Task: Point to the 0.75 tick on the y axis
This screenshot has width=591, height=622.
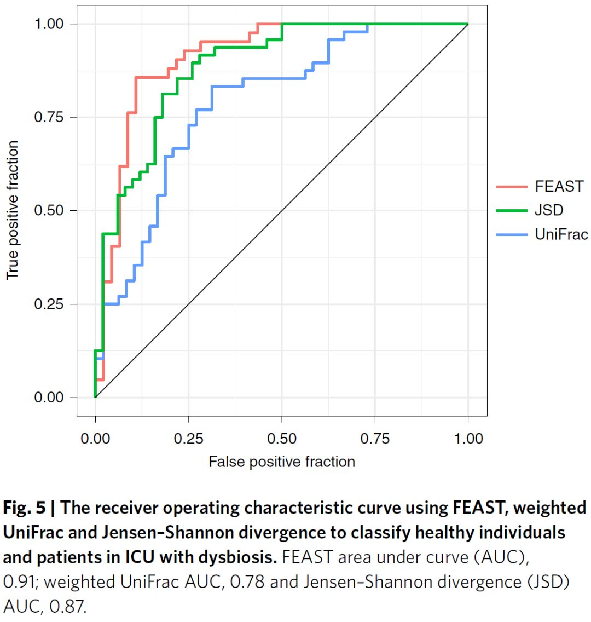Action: click(x=49, y=117)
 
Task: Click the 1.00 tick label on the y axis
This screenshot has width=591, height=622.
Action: click(x=49, y=24)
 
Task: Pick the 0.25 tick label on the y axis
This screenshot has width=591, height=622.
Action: click(x=49, y=304)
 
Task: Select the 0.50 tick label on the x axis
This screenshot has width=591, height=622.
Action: click(x=282, y=439)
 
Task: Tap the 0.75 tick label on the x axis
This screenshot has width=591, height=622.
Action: click(x=375, y=439)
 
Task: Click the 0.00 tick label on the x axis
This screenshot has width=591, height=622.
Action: click(x=95, y=439)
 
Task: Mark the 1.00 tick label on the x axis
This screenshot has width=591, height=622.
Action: click(x=468, y=439)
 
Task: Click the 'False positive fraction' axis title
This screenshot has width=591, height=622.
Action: click(x=282, y=462)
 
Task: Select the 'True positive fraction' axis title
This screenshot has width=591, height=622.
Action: click(x=12, y=211)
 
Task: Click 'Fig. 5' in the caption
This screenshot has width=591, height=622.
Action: click(x=25, y=508)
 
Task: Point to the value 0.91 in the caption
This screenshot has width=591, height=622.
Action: click(x=16, y=582)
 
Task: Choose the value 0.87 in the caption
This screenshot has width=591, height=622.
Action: click(x=69, y=607)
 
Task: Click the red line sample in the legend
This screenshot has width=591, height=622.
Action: click(x=511, y=187)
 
